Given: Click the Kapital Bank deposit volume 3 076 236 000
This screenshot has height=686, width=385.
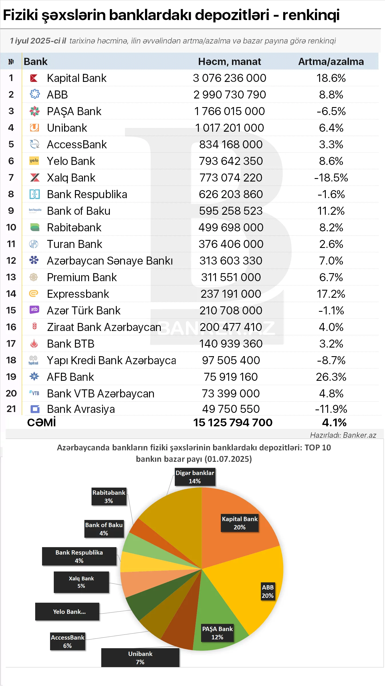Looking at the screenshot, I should (x=229, y=78).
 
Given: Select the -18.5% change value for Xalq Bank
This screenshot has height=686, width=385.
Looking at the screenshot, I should (x=331, y=178).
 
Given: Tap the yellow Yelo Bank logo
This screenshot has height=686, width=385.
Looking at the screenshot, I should (x=34, y=161).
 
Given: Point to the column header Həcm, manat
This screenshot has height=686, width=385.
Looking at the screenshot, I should (x=229, y=62).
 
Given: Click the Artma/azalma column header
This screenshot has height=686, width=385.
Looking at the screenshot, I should (x=331, y=62).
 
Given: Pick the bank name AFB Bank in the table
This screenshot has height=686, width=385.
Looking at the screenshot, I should (x=70, y=377).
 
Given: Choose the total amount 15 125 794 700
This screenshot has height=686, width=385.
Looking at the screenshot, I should (x=233, y=422).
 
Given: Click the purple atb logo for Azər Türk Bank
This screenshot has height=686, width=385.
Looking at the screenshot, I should (x=34, y=310).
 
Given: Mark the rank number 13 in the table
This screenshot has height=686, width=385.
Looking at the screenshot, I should (x=11, y=277).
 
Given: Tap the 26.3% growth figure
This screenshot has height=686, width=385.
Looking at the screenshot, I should (x=331, y=377).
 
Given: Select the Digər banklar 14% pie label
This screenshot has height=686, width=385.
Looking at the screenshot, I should (x=195, y=477).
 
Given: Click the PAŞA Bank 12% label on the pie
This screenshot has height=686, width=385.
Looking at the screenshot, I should (x=217, y=633).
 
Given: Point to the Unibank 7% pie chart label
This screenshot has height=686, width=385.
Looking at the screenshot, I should (x=140, y=658).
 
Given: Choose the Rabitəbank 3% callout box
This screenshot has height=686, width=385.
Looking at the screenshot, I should (x=109, y=496).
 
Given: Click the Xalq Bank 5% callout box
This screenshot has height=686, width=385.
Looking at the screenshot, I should (x=81, y=582).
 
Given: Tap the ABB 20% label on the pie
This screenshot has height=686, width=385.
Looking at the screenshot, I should (x=268, y=592).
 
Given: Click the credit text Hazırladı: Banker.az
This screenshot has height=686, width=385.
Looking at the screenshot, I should (x=343, y=435).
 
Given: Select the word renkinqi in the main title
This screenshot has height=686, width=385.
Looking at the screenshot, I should (x=311, y=15).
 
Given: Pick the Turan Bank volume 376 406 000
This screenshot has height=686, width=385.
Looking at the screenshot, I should (x=231, y=244).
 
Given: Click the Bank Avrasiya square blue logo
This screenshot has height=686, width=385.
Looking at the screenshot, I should (x=35, y=409).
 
